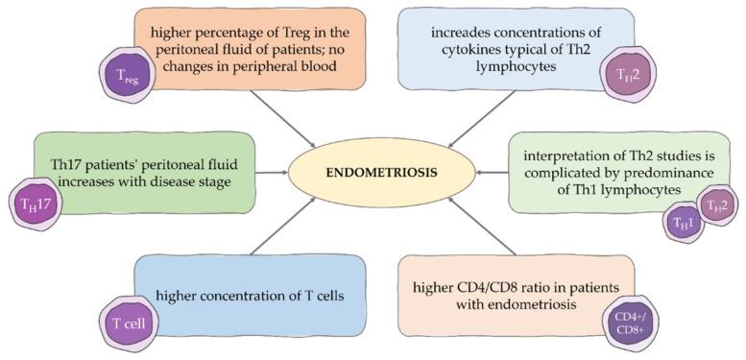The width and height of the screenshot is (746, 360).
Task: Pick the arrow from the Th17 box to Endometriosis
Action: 274,175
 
